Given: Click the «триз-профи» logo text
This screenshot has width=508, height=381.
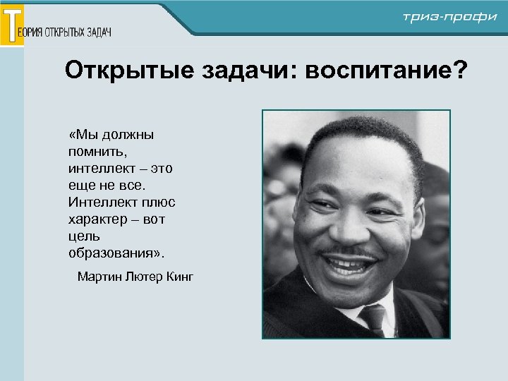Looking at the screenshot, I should click(x=449, y=18).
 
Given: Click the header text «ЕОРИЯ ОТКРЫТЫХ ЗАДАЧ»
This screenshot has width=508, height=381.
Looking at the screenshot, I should click(x=68, y=32).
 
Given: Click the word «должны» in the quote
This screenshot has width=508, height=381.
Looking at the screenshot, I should click(x=128, y=135).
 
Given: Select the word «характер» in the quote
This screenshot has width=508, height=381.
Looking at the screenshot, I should click(x=97, y=219).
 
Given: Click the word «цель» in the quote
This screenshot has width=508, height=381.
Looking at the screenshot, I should click(x=84, y=236).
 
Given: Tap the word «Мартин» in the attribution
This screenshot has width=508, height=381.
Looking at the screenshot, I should click(x=99, y=276).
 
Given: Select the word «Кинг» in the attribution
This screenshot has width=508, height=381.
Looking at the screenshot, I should click(x=179, y=276).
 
